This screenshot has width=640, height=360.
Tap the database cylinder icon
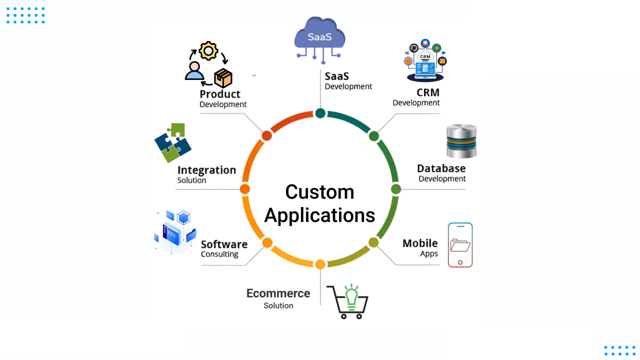[461, 141]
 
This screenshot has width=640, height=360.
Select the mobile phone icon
[460, 245]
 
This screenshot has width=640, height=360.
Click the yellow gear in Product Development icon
[208, 51]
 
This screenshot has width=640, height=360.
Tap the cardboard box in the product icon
[223, 78]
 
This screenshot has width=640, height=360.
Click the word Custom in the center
[319, 192]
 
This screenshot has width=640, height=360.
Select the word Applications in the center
[319, 215]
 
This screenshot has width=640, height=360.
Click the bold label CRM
[427, 92]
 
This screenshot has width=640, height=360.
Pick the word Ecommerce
[278, 293]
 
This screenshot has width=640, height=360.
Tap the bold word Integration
[206, 170]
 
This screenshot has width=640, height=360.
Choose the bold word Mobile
[420, 243]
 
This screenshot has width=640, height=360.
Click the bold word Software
[224, 244]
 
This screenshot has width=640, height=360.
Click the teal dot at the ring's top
[320, 113]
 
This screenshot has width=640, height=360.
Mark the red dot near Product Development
[267, 135]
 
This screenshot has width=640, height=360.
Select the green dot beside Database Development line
[396, 189]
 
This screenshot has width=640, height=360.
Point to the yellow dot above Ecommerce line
[320, 264]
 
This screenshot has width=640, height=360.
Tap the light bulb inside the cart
[352, 293]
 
